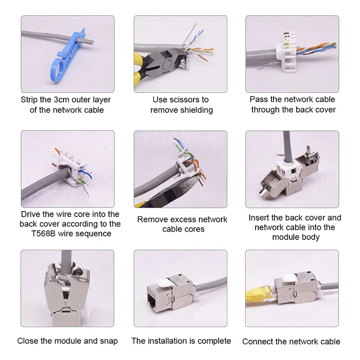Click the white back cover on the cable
coord(287,54)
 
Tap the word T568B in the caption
coord(43,234)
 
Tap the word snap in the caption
coord(109,341)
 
